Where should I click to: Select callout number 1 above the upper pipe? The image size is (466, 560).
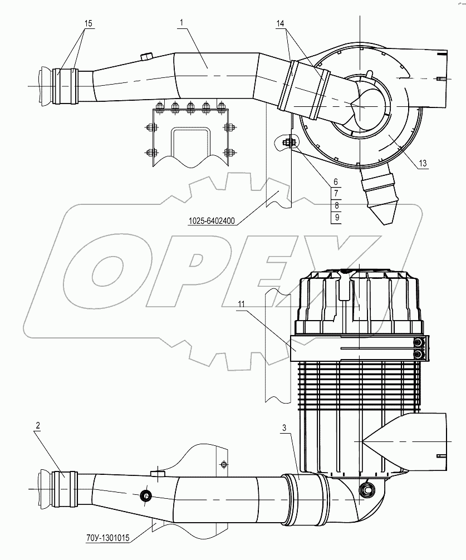[182, 22]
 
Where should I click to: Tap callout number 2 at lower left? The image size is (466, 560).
[38, 426]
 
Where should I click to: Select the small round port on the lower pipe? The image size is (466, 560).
[146, 495]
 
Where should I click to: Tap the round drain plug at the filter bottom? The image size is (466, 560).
[367, 489]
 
